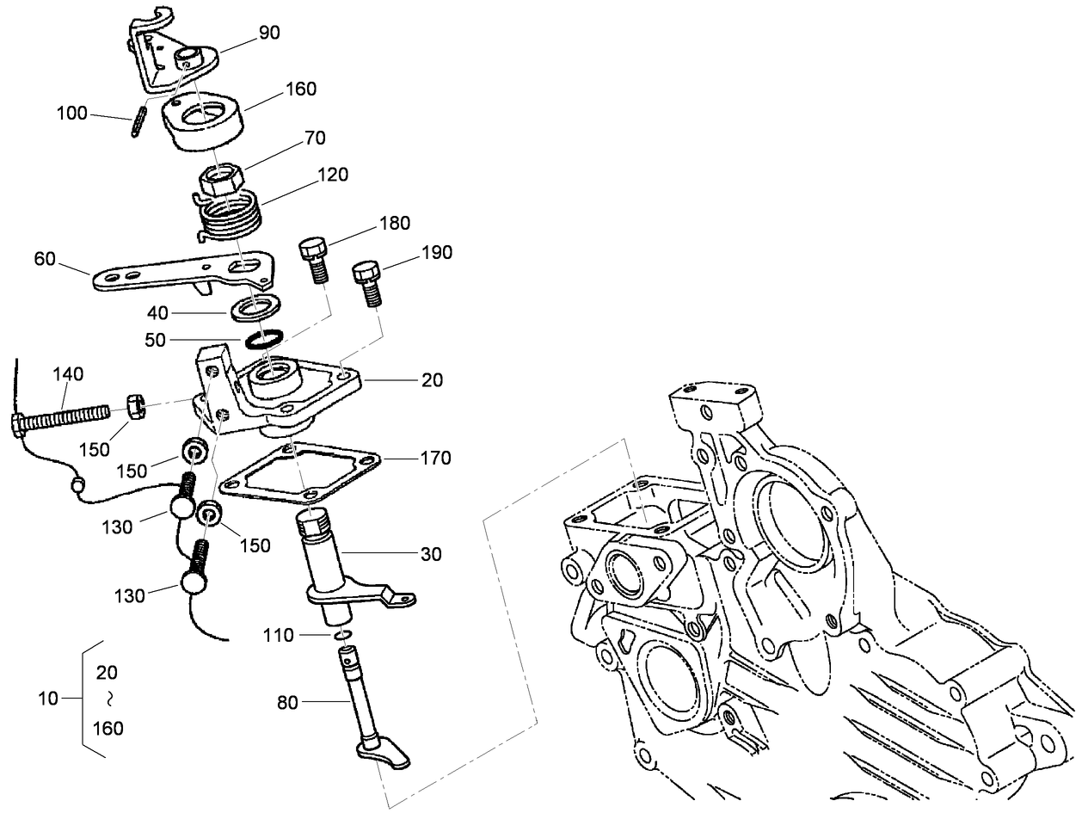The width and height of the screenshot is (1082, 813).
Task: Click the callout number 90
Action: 270,33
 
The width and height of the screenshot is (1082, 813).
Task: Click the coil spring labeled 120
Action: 226,215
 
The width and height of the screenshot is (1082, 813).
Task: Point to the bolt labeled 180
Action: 313,258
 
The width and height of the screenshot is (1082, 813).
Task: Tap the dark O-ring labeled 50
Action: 263,340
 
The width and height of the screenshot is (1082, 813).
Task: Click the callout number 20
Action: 432,379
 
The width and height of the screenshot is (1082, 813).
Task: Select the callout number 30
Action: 431,555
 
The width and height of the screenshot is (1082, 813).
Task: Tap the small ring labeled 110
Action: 342,636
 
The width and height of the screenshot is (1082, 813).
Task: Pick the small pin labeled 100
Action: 137,120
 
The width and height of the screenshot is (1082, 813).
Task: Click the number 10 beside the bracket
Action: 48,699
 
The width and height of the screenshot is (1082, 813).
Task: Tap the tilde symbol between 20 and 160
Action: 109,699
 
